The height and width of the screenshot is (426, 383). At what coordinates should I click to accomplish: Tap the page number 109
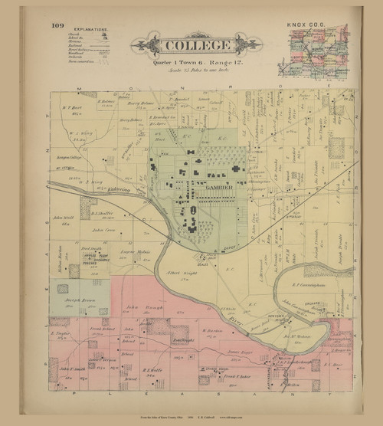point(57,25)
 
